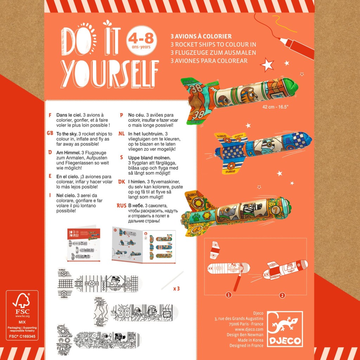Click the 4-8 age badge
141,40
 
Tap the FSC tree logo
21,301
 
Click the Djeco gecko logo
285,329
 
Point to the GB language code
50,133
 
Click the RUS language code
121,205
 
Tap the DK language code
121,182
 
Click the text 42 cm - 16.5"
275,107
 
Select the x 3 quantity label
176,289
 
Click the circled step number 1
229,295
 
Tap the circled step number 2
282,295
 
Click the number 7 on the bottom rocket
275,210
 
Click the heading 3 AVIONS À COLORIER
201,36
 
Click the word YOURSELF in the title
110,75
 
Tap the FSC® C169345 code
22,336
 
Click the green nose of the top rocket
290,86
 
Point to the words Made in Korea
250,340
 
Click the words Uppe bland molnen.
149,158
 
